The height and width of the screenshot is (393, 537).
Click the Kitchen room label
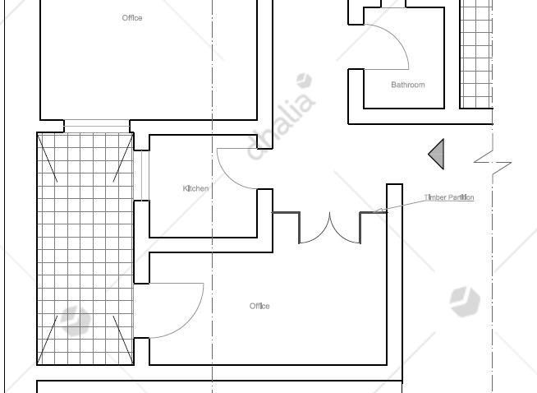[x=195, y=188]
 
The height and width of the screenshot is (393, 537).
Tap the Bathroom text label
[x=408, y=85]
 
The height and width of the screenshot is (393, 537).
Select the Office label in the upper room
[x=132, y=18]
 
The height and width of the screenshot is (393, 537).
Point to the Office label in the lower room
[x=259, y=306]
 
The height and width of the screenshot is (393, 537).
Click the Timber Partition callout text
[x=449, y=197]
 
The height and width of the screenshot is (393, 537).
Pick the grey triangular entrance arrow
[x=436, y=154]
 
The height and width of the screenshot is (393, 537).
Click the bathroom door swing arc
[x=397, y=38]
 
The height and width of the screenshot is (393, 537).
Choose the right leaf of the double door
[x=339, y=234]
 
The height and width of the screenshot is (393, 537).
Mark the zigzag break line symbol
[x=493, y=162]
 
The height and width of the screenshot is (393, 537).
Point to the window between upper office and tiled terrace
[x=97, y=126]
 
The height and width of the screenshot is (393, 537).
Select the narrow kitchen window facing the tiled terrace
[x=145, y=176]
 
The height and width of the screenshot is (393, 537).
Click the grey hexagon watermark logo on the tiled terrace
[x=75, y=321]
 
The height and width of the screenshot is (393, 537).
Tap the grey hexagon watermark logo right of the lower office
[x=465, y=302]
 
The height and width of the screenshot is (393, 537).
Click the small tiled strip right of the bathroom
[x=476, y=54]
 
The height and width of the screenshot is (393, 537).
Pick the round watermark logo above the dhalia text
[x=304, y=81]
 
